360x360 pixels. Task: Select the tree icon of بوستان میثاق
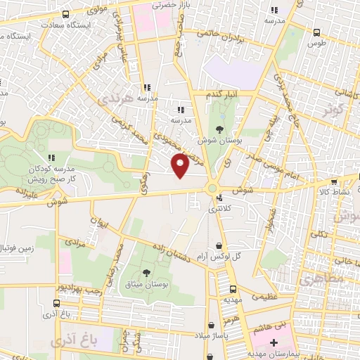pyautogui.click(x=146, y=273)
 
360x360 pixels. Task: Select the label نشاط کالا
pyautogui.click(x=339, y=191)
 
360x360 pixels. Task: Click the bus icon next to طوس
pyautogui.click(x=316, y=32)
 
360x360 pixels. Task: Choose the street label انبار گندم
pyautogui.click(x=221, y=94)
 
